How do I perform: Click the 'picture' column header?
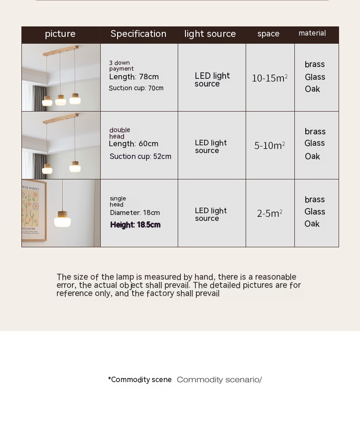pos(60,34)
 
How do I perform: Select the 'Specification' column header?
pos(139,34)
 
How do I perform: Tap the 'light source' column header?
pos(210,34)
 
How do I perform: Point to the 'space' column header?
pos(268,34)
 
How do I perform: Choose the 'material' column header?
pos(312,33)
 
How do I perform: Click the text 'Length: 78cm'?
pos(134,77)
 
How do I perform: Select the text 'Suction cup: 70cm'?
pos(136,88)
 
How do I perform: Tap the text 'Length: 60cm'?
pos(134,144)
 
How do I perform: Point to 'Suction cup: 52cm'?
pos(140,157)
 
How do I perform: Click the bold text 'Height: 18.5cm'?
pos(135,225)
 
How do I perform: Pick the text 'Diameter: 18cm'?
pos(135,213)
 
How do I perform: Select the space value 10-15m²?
pos(270,78)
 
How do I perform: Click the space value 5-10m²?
pos(270,146)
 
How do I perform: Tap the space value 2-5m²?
pos(270,214)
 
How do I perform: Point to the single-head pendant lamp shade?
pos(62,221)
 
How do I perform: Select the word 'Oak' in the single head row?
pos(312,224)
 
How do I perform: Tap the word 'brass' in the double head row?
pos(315,132)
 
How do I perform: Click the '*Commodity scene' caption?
pos(140,380)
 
